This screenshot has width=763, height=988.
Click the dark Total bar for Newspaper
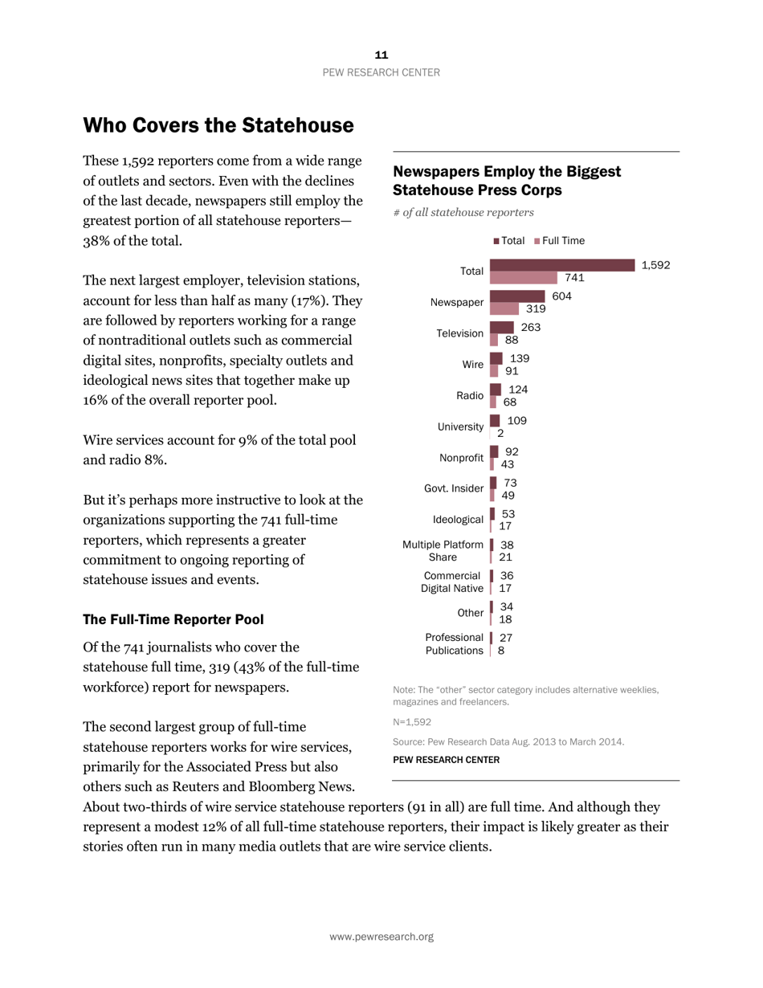519,296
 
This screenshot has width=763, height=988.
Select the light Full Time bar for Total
523,277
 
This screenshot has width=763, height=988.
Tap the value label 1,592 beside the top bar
655,265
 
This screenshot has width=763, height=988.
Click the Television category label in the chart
460,333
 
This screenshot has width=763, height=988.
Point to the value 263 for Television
530,327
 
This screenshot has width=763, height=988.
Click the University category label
460,427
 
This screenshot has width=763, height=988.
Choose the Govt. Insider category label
454,488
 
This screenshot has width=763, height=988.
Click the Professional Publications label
454,644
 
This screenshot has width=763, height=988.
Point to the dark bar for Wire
496,358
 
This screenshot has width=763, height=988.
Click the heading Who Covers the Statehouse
218,125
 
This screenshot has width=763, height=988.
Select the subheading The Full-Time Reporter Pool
173,620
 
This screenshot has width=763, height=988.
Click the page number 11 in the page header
381,55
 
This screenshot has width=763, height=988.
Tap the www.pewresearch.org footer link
381,937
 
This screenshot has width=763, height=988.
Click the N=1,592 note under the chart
412,722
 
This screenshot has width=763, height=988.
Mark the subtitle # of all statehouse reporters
463,213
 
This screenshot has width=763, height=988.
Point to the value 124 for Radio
518,390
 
